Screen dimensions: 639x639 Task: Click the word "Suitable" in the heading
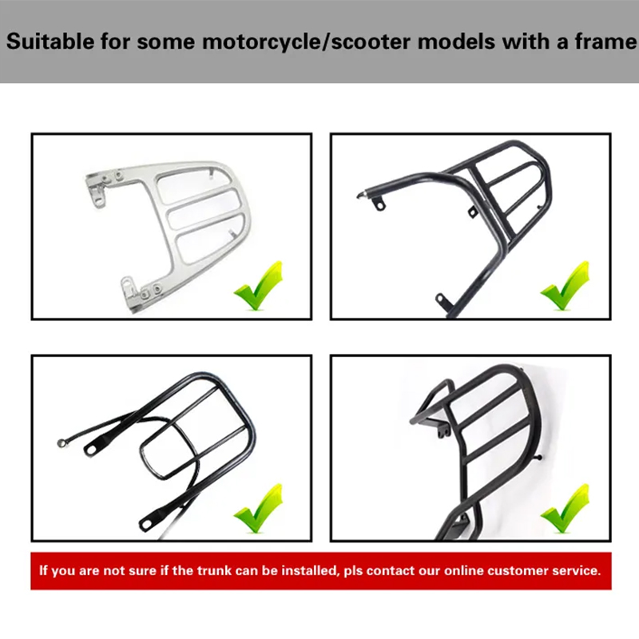point(50,42)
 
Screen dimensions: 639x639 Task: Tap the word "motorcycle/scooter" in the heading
point(306,42)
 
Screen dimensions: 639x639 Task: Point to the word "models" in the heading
point(456,42)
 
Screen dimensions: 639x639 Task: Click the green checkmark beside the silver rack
point(259,287)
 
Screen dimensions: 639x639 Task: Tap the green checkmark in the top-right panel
point(566,287)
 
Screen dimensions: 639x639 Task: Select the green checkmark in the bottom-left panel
point(259,509)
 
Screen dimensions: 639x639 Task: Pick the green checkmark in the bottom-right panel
point(566,509)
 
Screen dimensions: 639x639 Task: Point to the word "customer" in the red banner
point(517,570)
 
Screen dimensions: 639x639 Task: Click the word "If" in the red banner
point(43,570)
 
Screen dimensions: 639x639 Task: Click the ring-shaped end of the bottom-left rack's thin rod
point(62,443)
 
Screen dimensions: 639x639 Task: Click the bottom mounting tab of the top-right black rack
point(443,300)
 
